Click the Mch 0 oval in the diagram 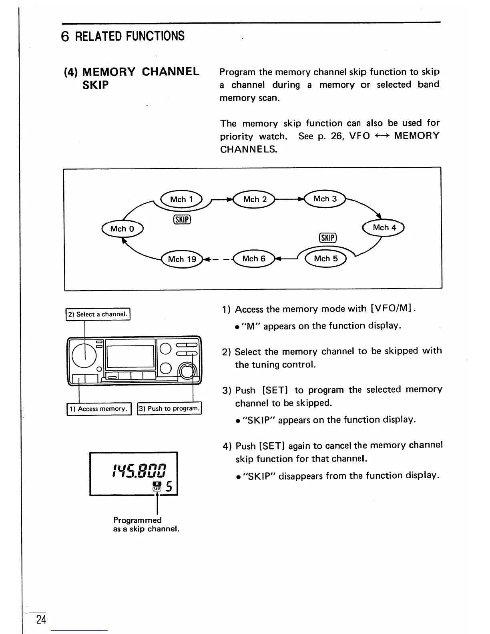122,229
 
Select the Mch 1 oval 181,199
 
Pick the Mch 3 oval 325,199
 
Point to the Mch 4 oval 384,228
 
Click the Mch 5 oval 326,259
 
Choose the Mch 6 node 254,259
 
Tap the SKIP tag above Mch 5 328,238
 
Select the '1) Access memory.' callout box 98,409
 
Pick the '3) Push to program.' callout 169,409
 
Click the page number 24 41,620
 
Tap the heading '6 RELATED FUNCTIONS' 123,36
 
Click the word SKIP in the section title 95,85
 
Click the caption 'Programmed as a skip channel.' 146,524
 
